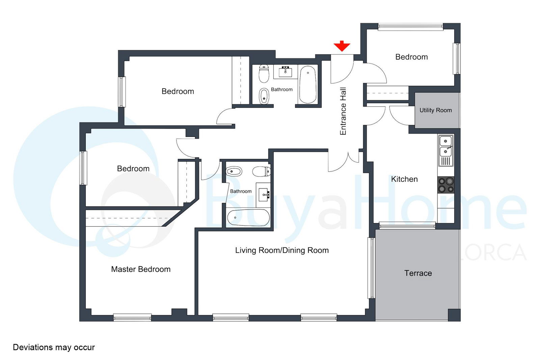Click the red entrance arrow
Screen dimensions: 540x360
click(342, 46)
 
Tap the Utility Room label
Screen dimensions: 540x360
click(435, 110)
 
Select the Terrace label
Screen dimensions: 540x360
click(418, 273)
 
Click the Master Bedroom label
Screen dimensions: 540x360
click(141, 269)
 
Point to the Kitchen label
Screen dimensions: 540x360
click(404, 179)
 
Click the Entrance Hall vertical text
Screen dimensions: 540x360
click(343, 111)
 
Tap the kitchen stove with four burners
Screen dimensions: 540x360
click(446, 185)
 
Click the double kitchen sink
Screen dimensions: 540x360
click(446, 150)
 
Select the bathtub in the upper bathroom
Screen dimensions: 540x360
click(307, 85)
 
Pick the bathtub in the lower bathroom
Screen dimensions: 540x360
click(248, 218)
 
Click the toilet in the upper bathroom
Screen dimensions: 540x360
click(264, 74)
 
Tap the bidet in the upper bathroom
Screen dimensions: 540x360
click(264, 96)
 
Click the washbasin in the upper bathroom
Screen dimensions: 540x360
click(286, 72)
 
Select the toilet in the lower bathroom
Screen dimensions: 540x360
click(261, 172)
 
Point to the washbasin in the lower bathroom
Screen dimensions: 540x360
click(263, 195)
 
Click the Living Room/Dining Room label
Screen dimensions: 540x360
click(282, 250)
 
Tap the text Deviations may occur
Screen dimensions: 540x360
click(54, 347)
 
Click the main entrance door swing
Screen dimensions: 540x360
click(342, 69)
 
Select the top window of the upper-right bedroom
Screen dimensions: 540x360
click(410, 27)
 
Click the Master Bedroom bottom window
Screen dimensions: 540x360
click(132, 317)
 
